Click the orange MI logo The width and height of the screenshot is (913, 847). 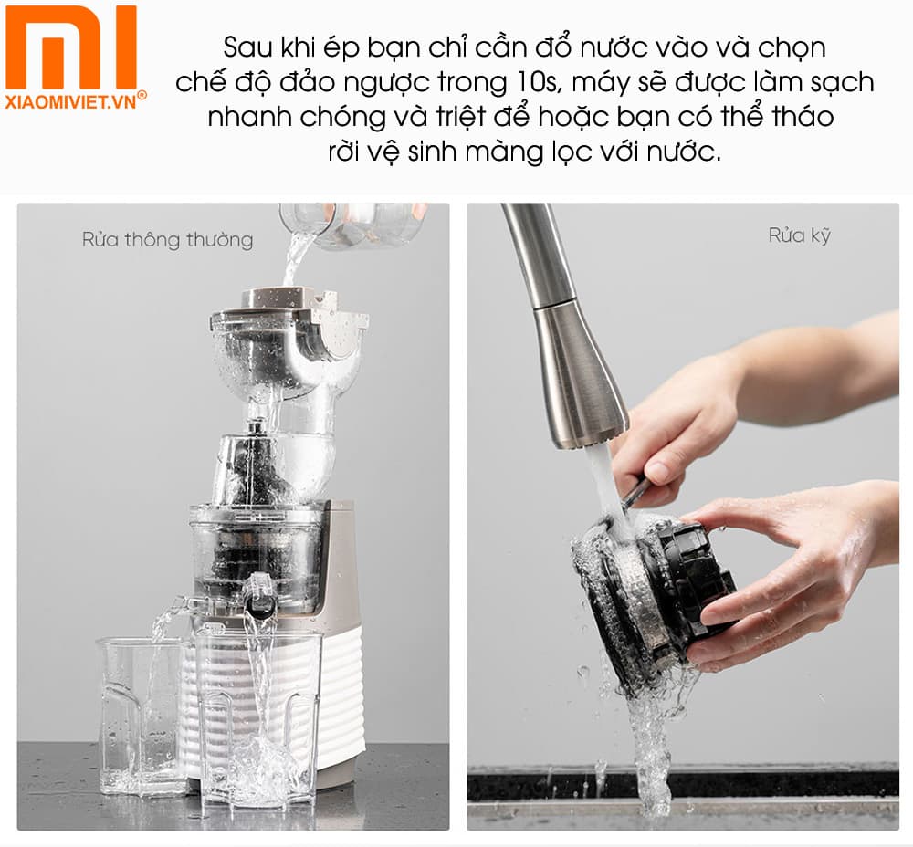point(70,47)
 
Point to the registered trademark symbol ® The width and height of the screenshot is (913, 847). point(142,95)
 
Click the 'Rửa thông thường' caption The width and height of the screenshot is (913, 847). point(167,240)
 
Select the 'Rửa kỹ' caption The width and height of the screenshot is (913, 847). point(800,235)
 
